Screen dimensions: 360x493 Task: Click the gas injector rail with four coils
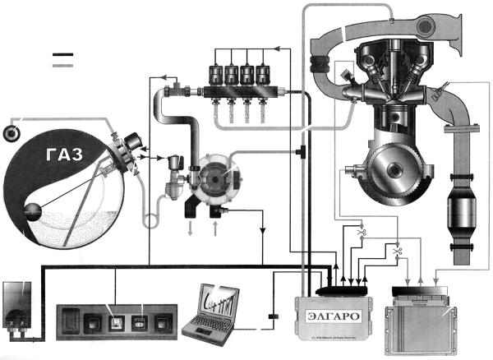[x=238, y=82]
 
